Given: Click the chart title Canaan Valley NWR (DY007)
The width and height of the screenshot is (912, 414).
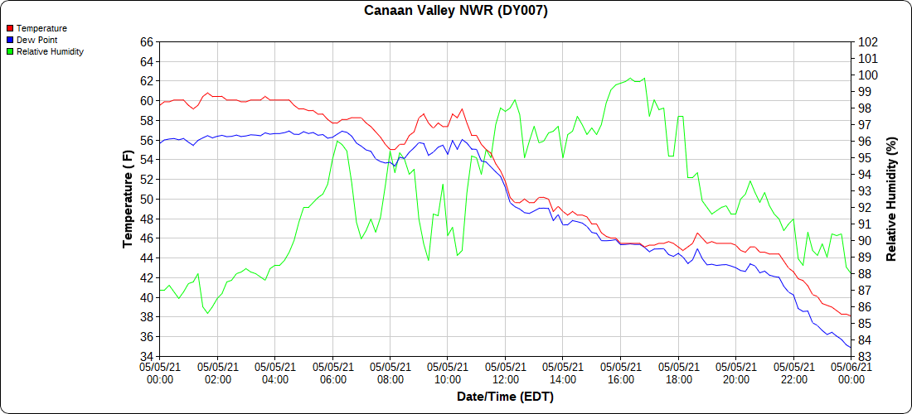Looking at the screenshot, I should coord(456,11).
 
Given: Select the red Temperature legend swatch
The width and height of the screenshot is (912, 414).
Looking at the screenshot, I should coord(10,28).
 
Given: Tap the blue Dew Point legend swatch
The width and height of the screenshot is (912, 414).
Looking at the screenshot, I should coord(10,40).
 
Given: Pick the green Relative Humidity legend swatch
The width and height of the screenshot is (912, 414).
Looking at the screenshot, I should coord(10,51).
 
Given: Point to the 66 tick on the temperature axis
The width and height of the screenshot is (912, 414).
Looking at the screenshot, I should coord(147,42).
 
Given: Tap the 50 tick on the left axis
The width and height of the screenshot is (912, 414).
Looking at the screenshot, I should coord(147,200).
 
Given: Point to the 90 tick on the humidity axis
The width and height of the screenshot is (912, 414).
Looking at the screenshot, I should coord(864,241).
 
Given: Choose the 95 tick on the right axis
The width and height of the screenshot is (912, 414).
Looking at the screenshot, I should coord(864,158).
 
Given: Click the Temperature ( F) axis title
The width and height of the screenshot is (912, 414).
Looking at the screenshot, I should coord(128,199).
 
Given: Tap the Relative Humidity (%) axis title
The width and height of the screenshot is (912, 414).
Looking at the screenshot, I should coord(891,199).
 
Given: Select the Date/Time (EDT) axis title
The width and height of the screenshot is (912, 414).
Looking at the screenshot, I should coord(505,397).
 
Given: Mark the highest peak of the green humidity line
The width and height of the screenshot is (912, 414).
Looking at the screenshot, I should coord(631,78).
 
